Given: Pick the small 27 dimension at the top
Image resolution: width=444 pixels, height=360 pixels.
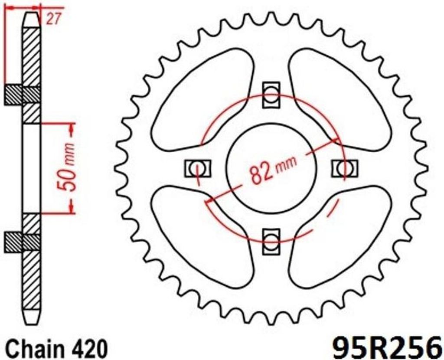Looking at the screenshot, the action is click(53, 20).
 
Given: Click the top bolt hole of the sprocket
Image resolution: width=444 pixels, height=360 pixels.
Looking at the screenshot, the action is click(271, 95).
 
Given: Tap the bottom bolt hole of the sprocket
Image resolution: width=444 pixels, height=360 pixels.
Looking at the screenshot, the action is click(271, 241).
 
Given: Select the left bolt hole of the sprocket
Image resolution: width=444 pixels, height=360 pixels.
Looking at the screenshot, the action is click(198, 169).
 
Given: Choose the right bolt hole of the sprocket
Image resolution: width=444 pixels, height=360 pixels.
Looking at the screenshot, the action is click(345, 168).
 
